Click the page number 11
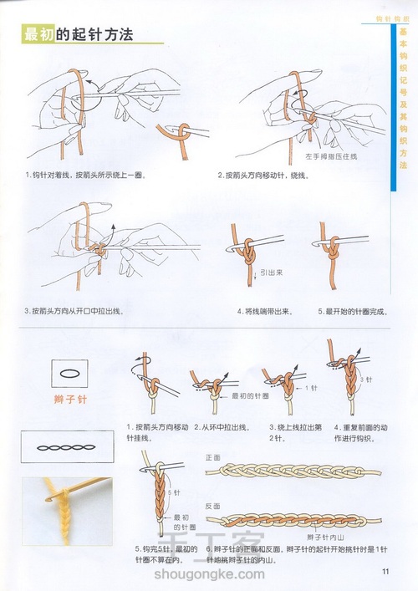click(x=386, y=572)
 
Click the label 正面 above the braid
click(x=212, y=458)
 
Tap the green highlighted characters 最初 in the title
click(x=38, y=34)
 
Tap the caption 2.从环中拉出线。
click(x=222, y=427)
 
